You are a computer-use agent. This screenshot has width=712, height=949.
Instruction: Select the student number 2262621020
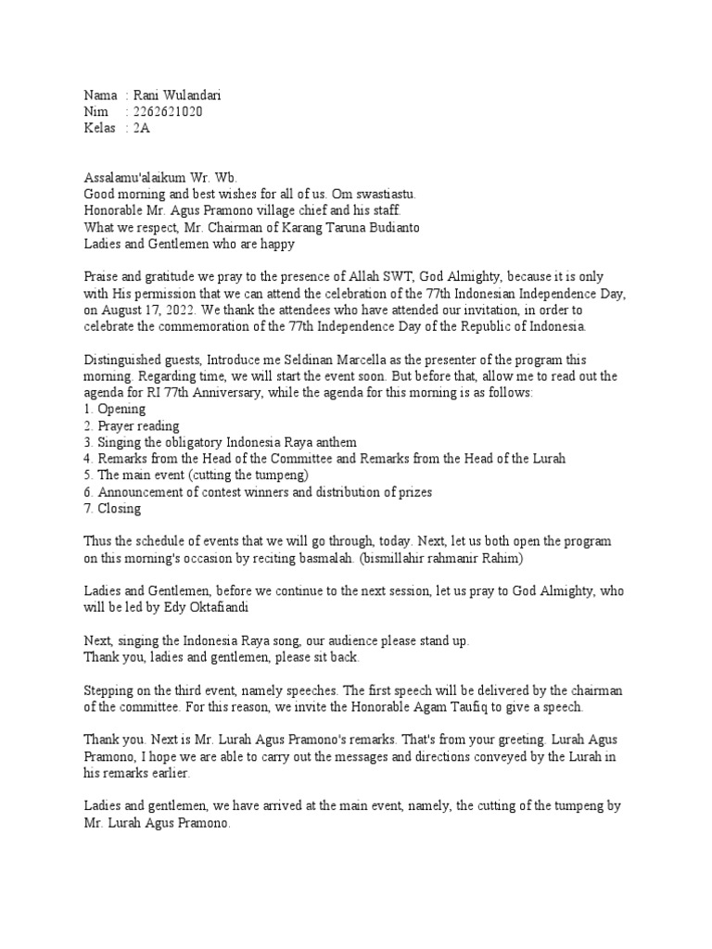[169, 112]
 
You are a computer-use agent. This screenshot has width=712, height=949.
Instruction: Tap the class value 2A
[142, 129]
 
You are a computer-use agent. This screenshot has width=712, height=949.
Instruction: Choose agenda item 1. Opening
[115, 410]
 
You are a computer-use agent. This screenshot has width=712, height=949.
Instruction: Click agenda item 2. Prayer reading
[132, 426]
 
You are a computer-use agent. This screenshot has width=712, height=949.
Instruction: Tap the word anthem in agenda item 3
[335, 442]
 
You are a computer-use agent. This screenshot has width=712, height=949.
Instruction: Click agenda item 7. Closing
[113, 508]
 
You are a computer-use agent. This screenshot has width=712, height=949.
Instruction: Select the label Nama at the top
[101, 95]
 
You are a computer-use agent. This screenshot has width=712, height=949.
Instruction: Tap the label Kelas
[100, 129]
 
